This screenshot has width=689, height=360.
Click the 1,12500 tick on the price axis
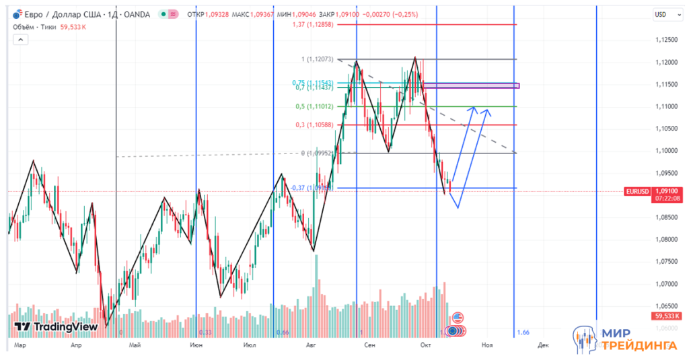[665, 40]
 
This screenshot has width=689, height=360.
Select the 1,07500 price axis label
[665, 261]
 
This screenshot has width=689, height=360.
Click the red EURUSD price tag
[637, 191]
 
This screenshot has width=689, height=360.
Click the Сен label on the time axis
[369, 345]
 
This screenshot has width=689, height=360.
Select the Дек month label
[543, 345]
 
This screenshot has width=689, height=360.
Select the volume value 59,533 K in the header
[75, 27]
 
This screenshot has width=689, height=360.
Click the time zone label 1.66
[523, 332]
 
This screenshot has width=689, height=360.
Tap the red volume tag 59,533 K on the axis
[666, 316]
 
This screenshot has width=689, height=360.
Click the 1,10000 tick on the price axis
[665, 151]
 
